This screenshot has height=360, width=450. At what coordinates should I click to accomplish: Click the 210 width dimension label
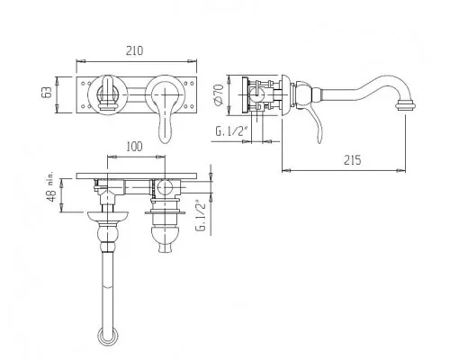pos(134,50)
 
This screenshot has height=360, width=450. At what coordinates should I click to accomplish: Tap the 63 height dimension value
pos(47,92)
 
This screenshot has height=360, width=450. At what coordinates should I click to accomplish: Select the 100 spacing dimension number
pos(134,147)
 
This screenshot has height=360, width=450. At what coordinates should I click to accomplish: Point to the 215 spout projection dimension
pos(353,160)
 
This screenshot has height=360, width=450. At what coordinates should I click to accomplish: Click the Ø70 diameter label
pos(219,94)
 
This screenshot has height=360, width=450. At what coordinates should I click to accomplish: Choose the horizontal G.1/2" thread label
pos(231,131)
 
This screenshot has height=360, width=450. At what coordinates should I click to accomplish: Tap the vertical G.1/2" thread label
pos(202,215)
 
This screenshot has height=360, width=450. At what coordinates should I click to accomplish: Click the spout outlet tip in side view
pos(406,106)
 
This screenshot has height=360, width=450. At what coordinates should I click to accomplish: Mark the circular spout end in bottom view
pos(107,336)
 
